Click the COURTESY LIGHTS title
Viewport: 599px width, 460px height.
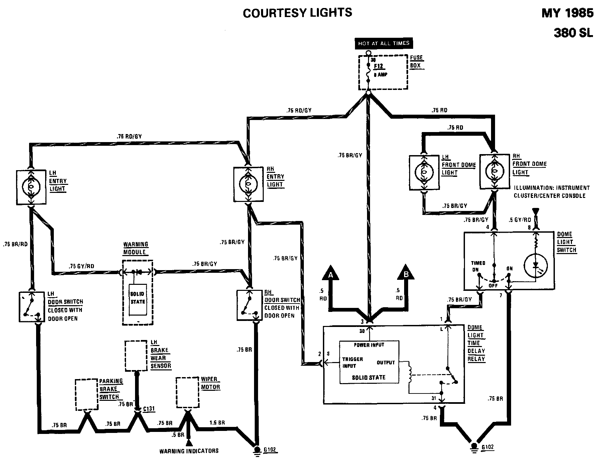click(x=297, y=13)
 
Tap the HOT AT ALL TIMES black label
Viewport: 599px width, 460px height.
click(x=384, y=43)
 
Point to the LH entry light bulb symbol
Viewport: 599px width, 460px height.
click(x=31, y=187)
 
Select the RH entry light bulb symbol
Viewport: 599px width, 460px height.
click(x=248, y=185)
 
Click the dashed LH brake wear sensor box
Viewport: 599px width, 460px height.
click(x=136, y=356)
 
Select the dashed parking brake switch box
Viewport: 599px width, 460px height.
click(x=87, y=394)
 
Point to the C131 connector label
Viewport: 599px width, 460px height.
click(x=149, y=409)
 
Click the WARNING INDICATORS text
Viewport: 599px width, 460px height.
click(x=189, y=451)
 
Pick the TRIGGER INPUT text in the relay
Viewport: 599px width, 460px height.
click(x=352, y=362)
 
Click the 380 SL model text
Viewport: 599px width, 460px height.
click(x=573, y=33)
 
